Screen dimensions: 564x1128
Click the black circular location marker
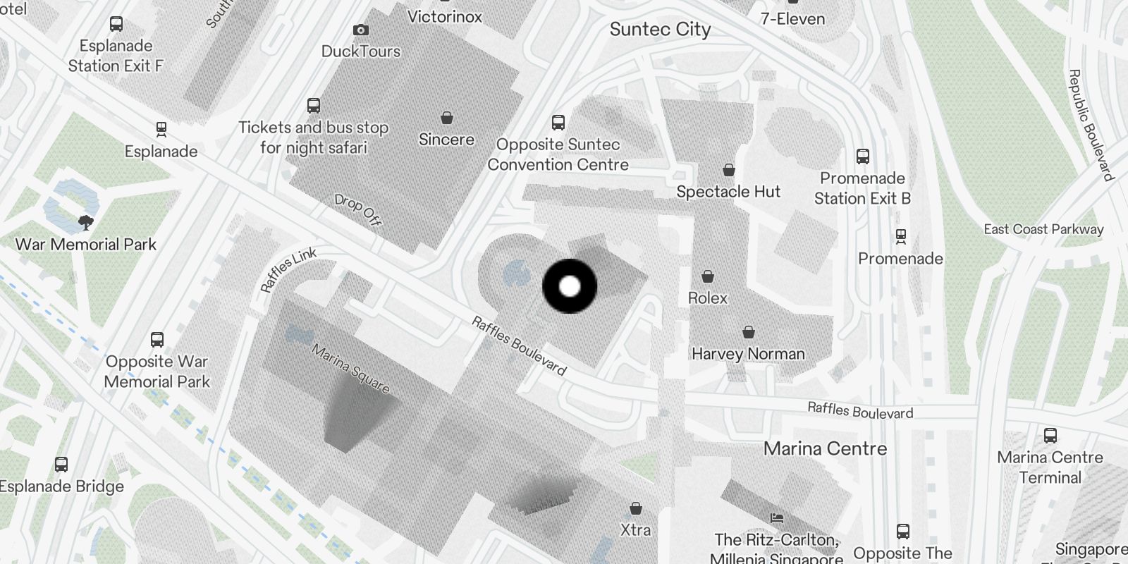pyautogui.click(x=570, y=286)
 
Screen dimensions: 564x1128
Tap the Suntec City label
pyautogui.click(x=660, y=30)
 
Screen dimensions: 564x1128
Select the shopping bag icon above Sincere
pyautogui.click(x=446, y=118)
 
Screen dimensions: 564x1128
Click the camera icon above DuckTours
pyautogui.click(x=361, y=30)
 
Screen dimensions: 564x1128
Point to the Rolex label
pyautogui.click(x=707, y=298)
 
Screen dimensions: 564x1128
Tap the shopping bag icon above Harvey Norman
pyautogui.click(x=749, y=332)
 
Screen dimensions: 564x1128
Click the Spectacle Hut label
pyautogui.click(x=728, y=192)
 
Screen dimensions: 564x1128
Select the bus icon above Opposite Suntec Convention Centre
pyautogui.click(x=558, y=123)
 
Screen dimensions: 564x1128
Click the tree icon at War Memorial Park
pyautogui.click(x=86, y=223)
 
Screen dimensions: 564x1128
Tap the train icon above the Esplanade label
pyautogui.click(x=161, y=130)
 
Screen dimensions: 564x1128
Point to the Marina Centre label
pyautogui.click(x=825, y=449)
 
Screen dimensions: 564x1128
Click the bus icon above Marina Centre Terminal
pyautogui.click(x=1050, y=436)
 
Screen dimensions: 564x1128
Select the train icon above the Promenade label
pyautogui.click(x=900, y=236)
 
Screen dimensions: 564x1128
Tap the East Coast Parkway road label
pyautogui.click(x=1043, y=229)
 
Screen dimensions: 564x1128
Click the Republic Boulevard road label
pyautogui.click(x=1090, y=125)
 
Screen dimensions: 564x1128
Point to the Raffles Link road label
pyautogui.click(x=288, y=269)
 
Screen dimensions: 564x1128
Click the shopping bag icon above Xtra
pyautogui.click(x=635, y=508)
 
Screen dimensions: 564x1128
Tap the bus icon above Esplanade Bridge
pyautogui.click(x=61, y=465)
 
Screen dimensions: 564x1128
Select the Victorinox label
pyautogui.click(x=445, y=16)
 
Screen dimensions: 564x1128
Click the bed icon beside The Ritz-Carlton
pyautogui.click(x=777, y=518)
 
